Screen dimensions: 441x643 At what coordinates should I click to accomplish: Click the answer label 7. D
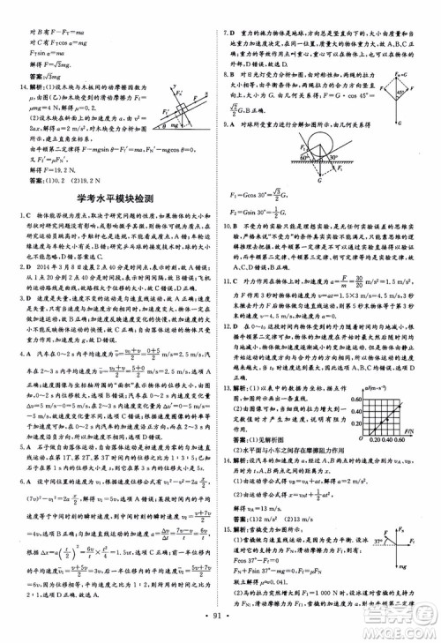[x=231, y=7]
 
